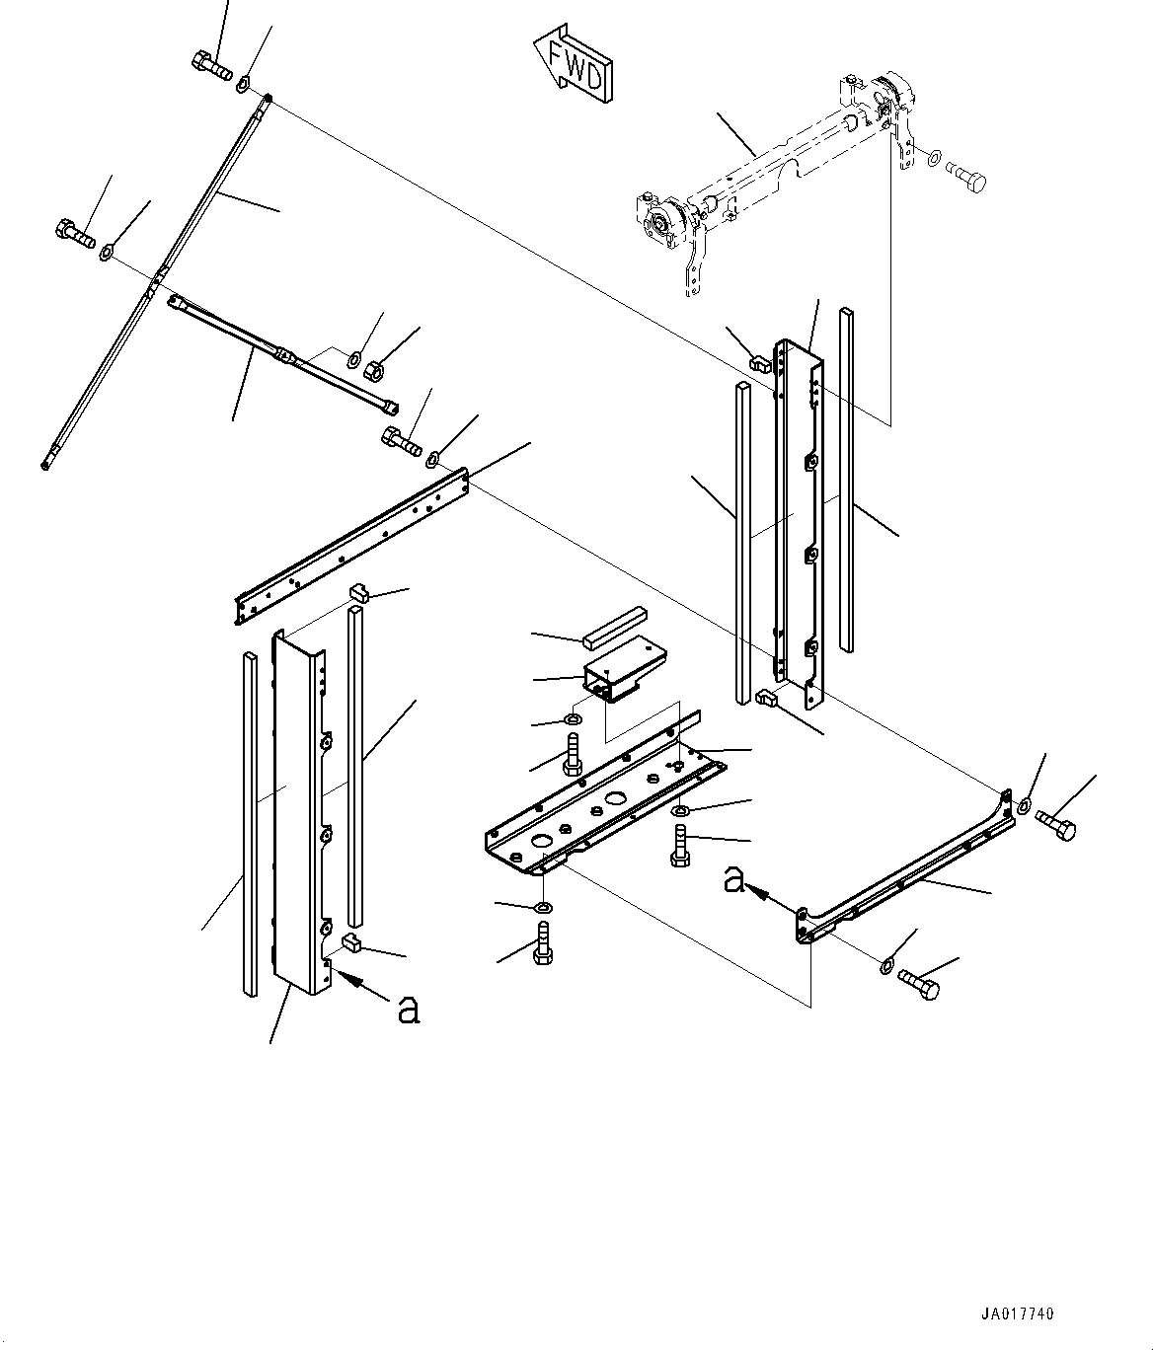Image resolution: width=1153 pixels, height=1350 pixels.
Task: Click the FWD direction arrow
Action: [x=574, y=63]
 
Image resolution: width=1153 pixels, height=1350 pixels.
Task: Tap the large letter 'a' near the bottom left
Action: [x=408, y=1009]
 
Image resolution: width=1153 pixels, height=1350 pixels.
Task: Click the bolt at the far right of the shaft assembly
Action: [x=967, y=180]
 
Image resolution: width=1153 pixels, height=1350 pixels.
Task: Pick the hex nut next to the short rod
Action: [x=375, y=371]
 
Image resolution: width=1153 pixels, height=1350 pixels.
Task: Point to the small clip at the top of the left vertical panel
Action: [x=358, y=593]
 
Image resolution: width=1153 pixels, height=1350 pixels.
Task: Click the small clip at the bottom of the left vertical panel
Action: [x=352, y=944]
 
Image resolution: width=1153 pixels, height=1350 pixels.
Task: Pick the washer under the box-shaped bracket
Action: [x=576, y=717]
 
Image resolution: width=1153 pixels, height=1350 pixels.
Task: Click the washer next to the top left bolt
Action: [x=244, y=80]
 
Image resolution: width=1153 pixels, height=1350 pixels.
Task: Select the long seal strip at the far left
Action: [x=249, y=819]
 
